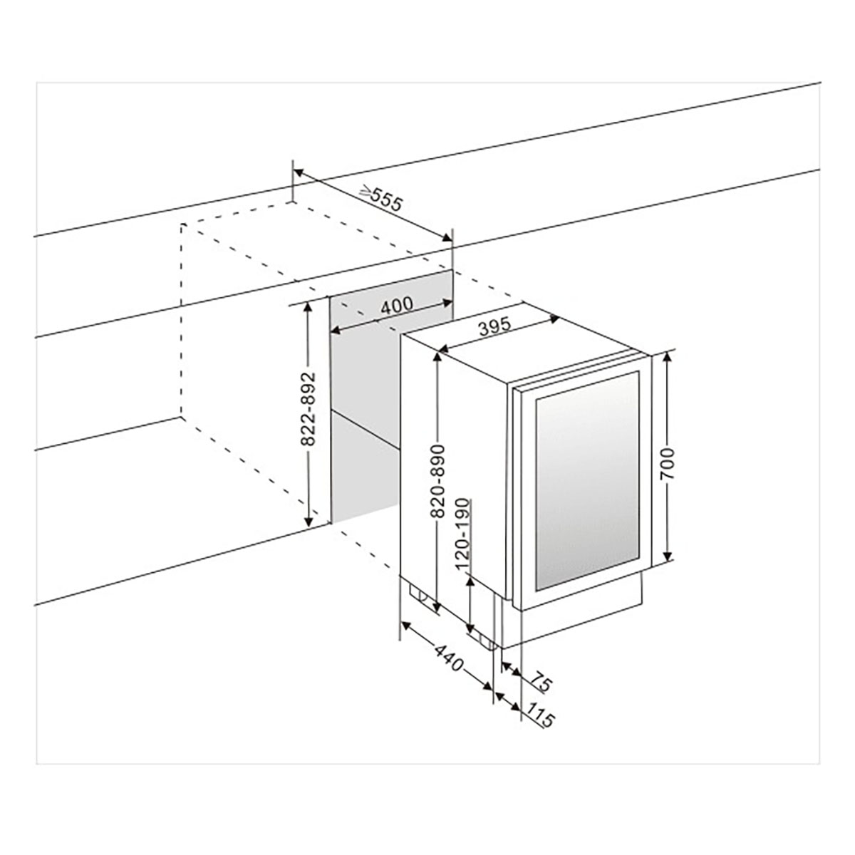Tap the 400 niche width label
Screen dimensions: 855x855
396,306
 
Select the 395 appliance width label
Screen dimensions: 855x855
495,327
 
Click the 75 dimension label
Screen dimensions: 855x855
541,684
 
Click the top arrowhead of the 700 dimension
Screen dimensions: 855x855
668,356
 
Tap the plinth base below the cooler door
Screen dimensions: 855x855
577,620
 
